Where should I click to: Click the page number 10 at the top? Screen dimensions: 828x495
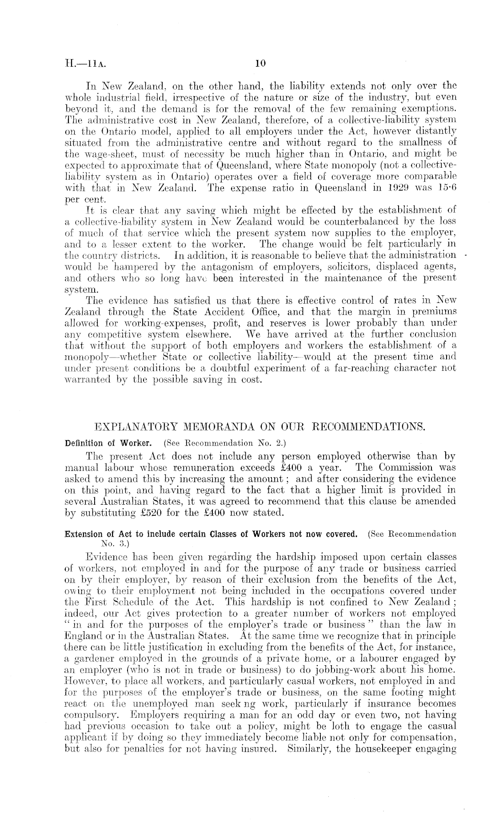pyautogui.click(x=260, y=64)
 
